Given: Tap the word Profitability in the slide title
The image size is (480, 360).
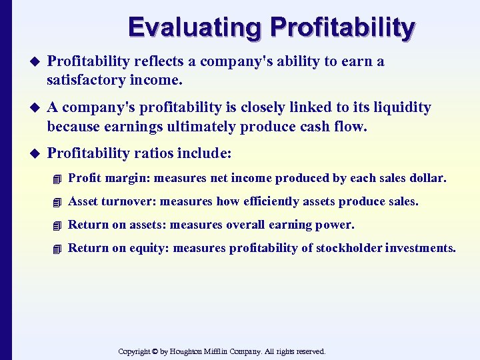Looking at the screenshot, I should pyautogui.click(x=342, y=27).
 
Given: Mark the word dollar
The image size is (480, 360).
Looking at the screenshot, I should pyautogui.click(x=429, y=178).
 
